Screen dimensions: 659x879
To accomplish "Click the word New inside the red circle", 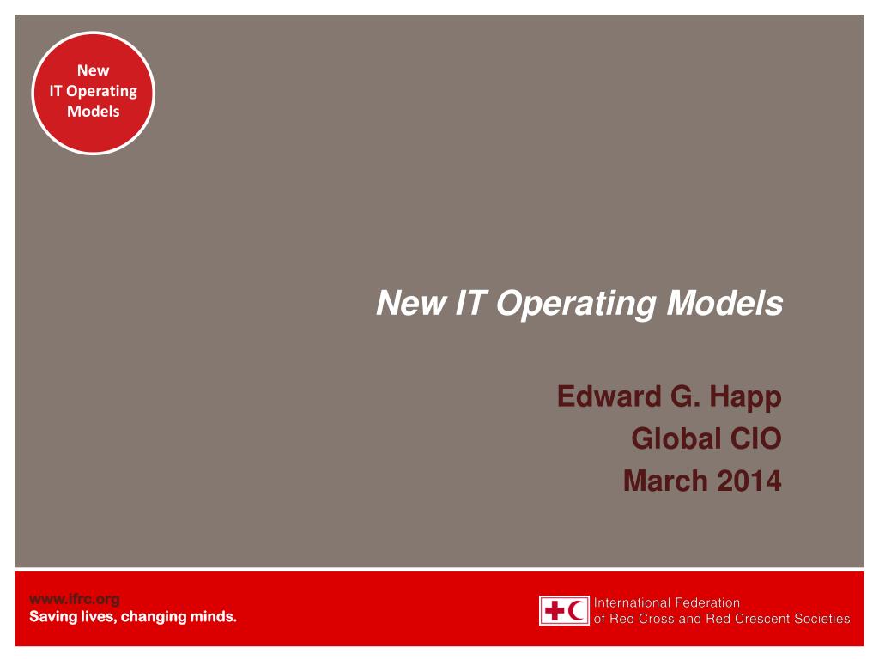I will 94,70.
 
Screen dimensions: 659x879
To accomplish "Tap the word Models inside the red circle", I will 94,112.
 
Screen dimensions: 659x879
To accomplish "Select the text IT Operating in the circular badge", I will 94,91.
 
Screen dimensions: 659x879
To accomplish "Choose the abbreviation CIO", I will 755,439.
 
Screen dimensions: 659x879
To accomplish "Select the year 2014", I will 749,481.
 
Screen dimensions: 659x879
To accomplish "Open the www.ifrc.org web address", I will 75,599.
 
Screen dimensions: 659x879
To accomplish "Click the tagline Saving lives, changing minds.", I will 133,616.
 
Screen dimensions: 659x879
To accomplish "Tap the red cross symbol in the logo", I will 554,610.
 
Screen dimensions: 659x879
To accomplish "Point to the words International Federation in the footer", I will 667,603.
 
